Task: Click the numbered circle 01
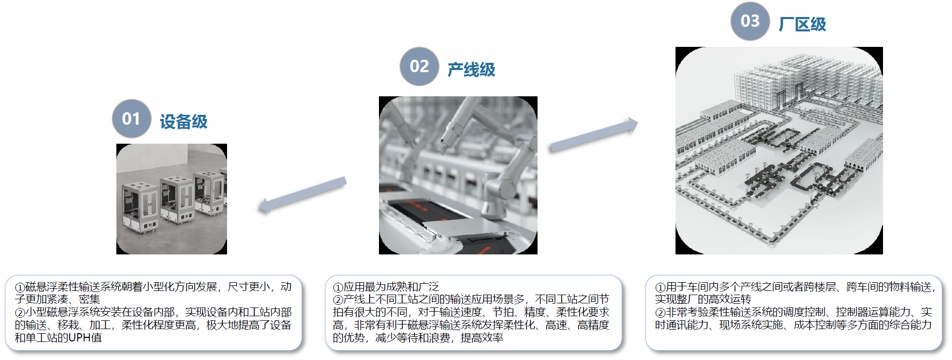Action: click(x=131, y=118)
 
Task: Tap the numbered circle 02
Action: click(x=419, y=66)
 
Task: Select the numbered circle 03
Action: click(x=750, y=21)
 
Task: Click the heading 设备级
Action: click(x=183, y=122)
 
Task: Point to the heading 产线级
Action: click(x=471, y=70)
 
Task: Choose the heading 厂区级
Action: click(x=802, y=24)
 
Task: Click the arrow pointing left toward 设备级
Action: click(x=302, y=195)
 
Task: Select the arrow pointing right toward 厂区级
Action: click(x=594, y=135)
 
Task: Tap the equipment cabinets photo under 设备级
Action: click(x=171, y=199)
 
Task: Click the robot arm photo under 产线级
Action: click(x=458, y=175)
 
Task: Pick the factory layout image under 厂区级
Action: click(x=779, y=150)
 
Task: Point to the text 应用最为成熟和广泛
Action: click(x=391, y=287)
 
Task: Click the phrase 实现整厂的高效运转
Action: click(x=703, y=299)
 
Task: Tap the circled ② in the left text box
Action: click(x=20, y=313)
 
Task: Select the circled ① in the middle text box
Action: click(x=338, y=287)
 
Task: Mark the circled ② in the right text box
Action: click(x=660, y=313)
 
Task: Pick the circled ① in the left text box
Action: click(x=20, y=287)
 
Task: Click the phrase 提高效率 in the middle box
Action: click(x=481, y=338)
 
